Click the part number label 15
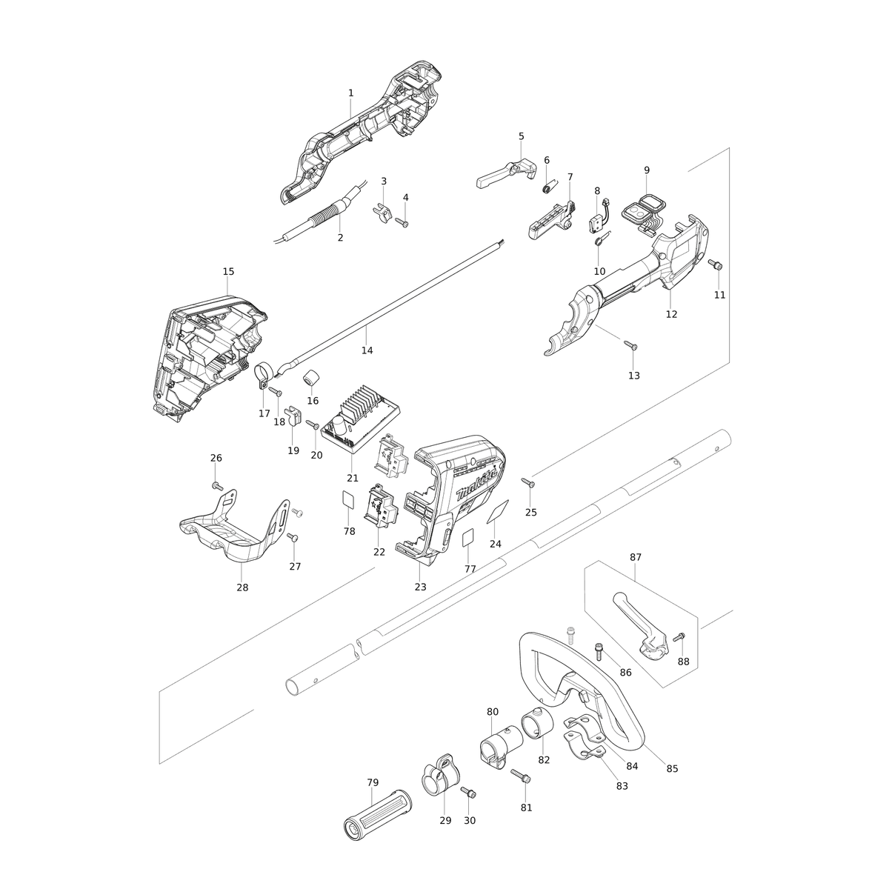tap(228, 271)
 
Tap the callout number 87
tap(635, 557)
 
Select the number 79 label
tap(373, 782)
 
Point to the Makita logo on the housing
tap(476, 486)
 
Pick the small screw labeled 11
tap(715, 264)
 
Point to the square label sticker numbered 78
tap(349, 499)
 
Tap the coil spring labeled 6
tap(549, 187)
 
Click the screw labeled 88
tap(679, 636)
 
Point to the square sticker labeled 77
tap(469, 539)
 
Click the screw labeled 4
tap(402, 223)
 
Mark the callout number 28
tap(242, 587)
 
